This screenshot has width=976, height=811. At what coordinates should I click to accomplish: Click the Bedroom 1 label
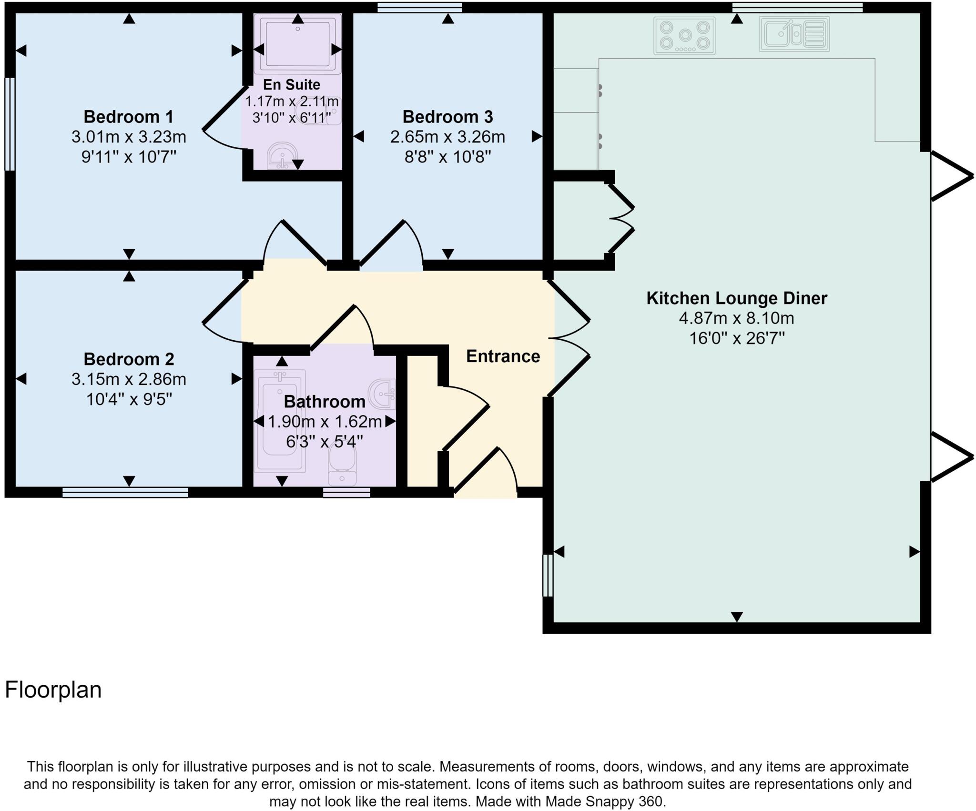[x=128, y=117]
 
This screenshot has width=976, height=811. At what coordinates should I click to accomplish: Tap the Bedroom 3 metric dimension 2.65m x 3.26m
[x=447, y=137]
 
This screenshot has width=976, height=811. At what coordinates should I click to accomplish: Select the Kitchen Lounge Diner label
[x=736, y=298]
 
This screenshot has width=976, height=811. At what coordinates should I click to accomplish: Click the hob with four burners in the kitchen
[x=684, y=36]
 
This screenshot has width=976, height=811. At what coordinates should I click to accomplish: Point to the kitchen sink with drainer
[x=794, y=34]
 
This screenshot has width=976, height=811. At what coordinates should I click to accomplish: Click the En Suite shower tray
[x=297, y=43]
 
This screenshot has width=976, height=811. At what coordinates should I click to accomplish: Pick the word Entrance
[x=503, y=356]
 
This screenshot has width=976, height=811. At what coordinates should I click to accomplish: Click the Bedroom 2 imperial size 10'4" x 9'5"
[x=128, y=399]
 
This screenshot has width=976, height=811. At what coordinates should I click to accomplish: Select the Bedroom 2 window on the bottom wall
[x=125, y=492]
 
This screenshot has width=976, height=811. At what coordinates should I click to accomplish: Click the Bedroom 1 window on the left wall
[x=10, y=124]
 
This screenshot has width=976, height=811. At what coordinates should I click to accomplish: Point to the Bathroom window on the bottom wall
[x=346, y=492]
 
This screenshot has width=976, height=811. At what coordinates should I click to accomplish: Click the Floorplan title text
[x=53, y=690]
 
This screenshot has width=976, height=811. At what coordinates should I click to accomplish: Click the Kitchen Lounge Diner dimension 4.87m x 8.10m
[x=736, y=318]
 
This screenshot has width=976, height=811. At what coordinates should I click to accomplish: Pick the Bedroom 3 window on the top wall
[x=419, y=7]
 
